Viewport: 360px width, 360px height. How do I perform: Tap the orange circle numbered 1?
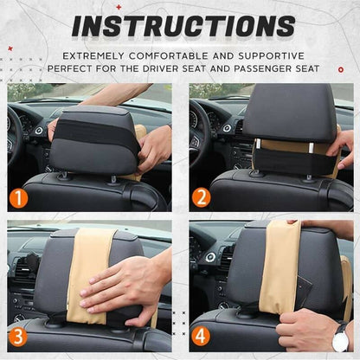point(18,197)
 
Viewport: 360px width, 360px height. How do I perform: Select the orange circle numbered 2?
point(201,197)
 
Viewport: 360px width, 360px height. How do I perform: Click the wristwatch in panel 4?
point(340,337)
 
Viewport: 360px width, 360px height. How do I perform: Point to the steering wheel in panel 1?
point(16,138)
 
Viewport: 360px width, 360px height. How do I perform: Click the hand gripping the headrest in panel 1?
point(154,147)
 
